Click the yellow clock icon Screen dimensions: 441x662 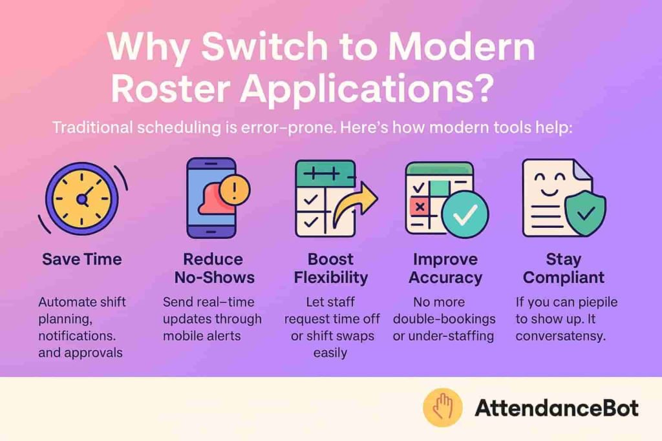click(81, 199)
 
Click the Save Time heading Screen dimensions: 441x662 click(81, 260)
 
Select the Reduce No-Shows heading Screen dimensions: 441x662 click(213, 269)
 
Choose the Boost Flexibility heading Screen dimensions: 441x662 click(330, 269)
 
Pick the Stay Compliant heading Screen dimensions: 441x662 click(563, 269)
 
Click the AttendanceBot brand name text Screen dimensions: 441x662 click(556, 408)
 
